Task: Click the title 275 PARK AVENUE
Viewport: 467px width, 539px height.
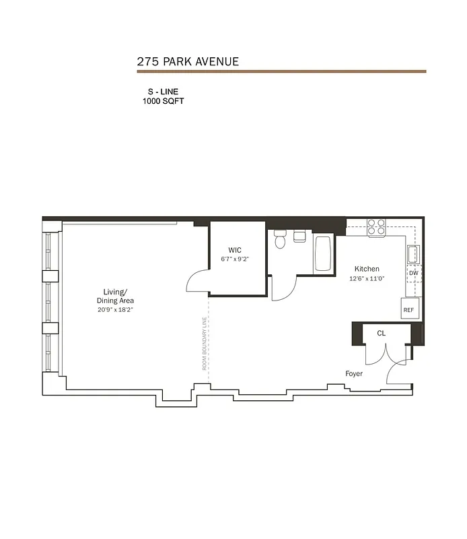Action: point(188,61)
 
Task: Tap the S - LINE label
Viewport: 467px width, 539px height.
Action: point(163,91)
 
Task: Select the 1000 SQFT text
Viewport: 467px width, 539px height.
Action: point(163,101)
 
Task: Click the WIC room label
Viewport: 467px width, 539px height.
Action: point(234,249)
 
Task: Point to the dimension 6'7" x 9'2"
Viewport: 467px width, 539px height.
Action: point(234,259)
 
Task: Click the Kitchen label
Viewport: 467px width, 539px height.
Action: point(367,269)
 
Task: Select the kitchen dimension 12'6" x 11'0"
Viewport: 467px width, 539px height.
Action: point(367,278)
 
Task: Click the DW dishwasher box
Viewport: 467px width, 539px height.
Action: point(413,273)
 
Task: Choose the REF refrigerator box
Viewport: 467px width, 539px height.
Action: point(408,311)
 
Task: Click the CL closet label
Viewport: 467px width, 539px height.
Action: point(381,333)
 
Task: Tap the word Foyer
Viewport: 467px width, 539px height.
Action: point(354,373)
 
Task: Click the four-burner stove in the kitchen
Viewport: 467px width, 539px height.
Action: point(376,226)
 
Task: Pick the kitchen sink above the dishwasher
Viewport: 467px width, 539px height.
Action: point(414,254)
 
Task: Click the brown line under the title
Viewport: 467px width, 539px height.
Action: point(281,71)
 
